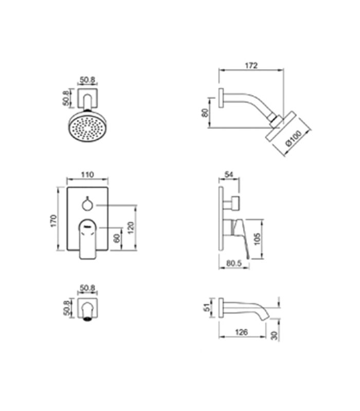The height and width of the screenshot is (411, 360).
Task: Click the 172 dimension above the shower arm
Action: [x=251, y=65]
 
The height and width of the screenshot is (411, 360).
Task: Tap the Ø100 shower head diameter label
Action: [x=294, y=138]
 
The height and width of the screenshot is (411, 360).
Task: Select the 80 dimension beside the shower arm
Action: [x=205, y=113]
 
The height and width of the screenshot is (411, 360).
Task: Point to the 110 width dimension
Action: [x=87, y=175]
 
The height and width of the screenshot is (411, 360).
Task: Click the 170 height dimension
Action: [x=53, y=221]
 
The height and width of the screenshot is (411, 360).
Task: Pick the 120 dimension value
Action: [x=131, y=228]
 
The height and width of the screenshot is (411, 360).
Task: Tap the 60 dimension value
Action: [x=117, y=238]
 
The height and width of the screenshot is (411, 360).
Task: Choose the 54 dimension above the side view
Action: [x=229, y=175]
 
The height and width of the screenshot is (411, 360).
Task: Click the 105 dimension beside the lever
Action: [x=258, y=239]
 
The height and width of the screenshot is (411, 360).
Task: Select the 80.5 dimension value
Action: [x=234, y=263]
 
